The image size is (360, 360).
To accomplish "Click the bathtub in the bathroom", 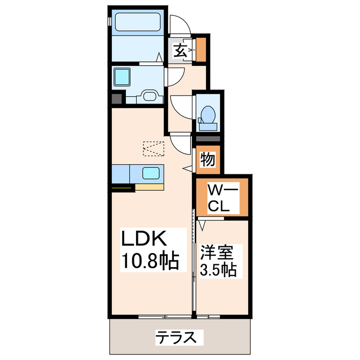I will click(138, 23).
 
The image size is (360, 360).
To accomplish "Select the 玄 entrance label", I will click(179, 51).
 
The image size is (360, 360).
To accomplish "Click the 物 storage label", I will click(208, 160).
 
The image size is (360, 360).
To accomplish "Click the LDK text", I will click(145, 239).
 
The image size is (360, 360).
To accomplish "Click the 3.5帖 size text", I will click(218, 270).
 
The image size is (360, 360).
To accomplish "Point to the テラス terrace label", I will click(176, 337).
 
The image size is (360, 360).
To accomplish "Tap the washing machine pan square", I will click(122, 76).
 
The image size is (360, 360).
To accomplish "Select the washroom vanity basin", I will click(150, 96).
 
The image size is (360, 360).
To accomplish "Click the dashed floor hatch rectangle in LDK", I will click(154, 148).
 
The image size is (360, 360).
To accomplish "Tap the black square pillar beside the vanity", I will click(116, 99).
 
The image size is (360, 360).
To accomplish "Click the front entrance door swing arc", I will click(181, 26).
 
